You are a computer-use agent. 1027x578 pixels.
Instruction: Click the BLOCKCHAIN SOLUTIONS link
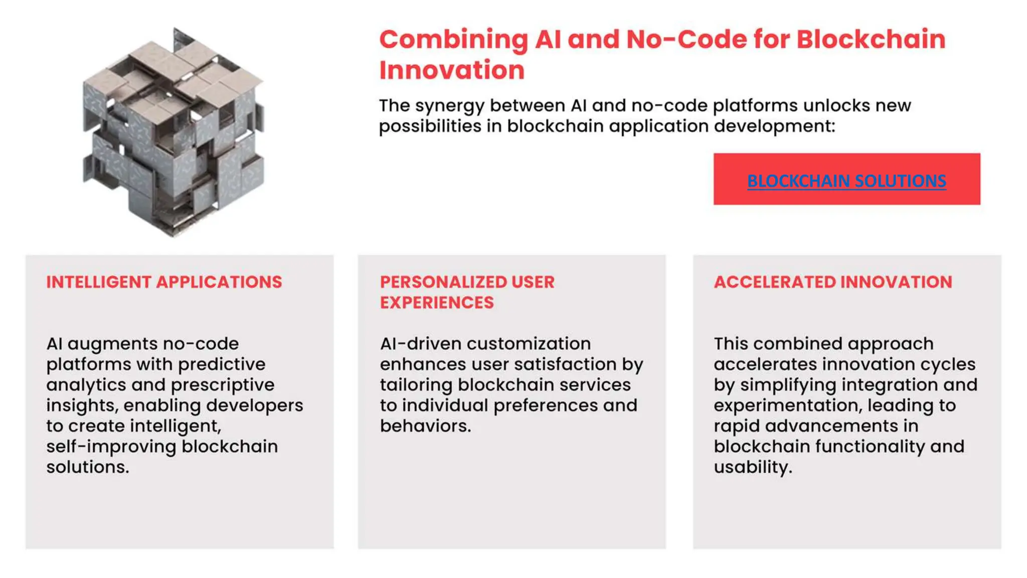coord(846,181)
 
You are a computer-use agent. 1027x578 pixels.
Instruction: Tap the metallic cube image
coord(173,131)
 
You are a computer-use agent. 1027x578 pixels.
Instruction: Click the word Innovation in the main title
coord(451,70)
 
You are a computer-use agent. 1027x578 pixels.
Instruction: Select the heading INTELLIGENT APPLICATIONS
coord(164,282)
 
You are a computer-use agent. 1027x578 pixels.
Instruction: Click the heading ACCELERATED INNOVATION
coord(832,282)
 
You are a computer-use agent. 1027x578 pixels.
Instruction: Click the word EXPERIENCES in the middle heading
coord(436,303)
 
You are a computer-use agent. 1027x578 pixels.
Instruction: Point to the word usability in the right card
coord(752,467)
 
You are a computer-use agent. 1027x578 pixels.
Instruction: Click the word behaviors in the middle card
coord(425,426)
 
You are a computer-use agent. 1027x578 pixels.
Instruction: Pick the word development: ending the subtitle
coord(774,126)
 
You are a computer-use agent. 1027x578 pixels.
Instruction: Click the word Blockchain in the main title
coord(871,39)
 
